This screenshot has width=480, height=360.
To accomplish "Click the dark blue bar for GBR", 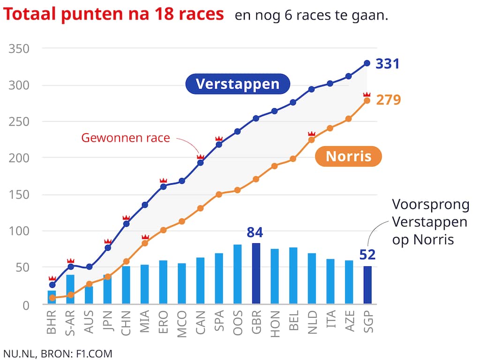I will pos(256,273).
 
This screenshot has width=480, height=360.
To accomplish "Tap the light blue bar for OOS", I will pos(238,274).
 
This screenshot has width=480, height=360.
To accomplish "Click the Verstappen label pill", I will pos(237,84).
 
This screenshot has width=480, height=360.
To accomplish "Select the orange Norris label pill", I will pos(348,156).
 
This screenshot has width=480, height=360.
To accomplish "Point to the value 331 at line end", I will pos(388,63).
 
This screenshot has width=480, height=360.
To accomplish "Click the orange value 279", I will pos(389,100).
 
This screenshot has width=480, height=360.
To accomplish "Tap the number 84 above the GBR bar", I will pos(255,232).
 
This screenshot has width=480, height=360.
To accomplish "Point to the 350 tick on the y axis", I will pos(19,49).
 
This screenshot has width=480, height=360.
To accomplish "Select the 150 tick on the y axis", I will pos(19,195).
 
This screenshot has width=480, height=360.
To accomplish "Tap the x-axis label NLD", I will pos(312,322).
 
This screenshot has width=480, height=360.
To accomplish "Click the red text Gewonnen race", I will pos(125,138).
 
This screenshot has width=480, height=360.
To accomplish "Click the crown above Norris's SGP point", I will pos(367,95).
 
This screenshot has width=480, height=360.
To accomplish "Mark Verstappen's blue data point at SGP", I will pos(367,63).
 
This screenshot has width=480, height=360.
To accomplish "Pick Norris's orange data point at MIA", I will pos(145,243).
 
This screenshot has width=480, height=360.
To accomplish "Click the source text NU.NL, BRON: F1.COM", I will pos(58,353).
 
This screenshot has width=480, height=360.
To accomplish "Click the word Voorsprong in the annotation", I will pos(430,205).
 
